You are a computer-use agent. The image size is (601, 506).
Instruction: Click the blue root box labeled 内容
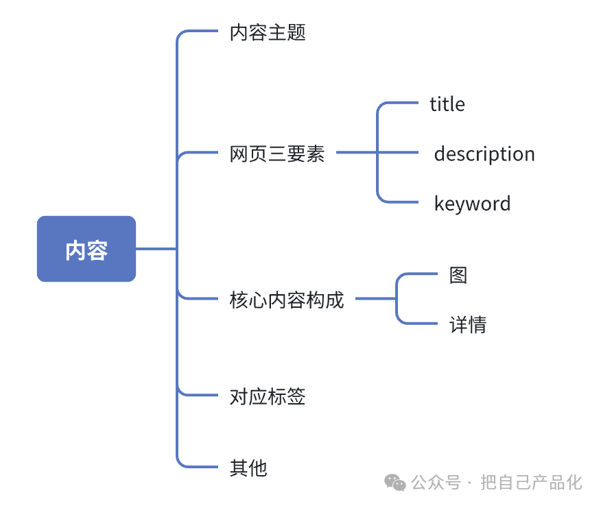[86, 249]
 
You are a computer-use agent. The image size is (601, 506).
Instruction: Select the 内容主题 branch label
[268, 32]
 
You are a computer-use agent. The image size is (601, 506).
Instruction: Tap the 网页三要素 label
[277, 154]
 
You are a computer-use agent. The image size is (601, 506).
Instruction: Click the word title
[447, 104]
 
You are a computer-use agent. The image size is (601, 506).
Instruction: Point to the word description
[484, 154]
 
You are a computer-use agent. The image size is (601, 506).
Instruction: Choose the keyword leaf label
[472, 204]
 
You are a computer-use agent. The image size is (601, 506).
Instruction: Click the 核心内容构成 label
[287, 300]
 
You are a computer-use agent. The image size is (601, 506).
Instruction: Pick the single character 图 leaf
[458, 275]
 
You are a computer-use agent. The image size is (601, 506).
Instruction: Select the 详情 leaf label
[468, 324]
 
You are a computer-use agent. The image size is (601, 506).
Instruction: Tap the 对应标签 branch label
[268, 396]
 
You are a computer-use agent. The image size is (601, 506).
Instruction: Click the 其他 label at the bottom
[248, 468]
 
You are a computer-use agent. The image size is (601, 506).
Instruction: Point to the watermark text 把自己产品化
[531, 483]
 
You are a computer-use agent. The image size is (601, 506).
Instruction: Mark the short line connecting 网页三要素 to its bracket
[356, 153]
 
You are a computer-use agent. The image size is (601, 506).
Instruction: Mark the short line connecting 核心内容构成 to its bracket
[375, 299]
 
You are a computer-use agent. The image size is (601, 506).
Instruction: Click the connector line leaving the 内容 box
[156, 249]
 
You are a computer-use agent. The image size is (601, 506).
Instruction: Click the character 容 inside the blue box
[97, 250]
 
